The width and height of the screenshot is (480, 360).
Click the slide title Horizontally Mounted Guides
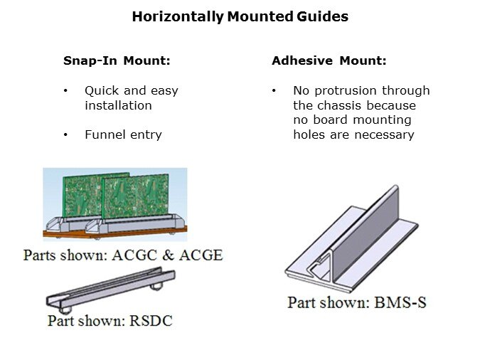[x=240, y=16]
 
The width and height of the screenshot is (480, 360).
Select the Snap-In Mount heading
[x=117, y=61]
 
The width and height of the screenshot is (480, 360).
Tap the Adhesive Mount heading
[x=329, y=61]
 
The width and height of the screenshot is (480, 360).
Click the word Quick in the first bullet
[x=100, y=91]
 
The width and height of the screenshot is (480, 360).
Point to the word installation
[x=118, y=105]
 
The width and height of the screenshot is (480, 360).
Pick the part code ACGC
[x=136, y=254]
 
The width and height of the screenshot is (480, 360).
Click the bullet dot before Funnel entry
[x=66, y=134]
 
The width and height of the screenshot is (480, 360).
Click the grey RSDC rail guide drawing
[x=110, y=292]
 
